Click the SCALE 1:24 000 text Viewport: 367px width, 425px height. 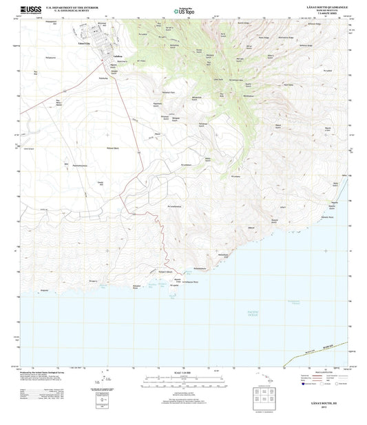click(x=183, y=373)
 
